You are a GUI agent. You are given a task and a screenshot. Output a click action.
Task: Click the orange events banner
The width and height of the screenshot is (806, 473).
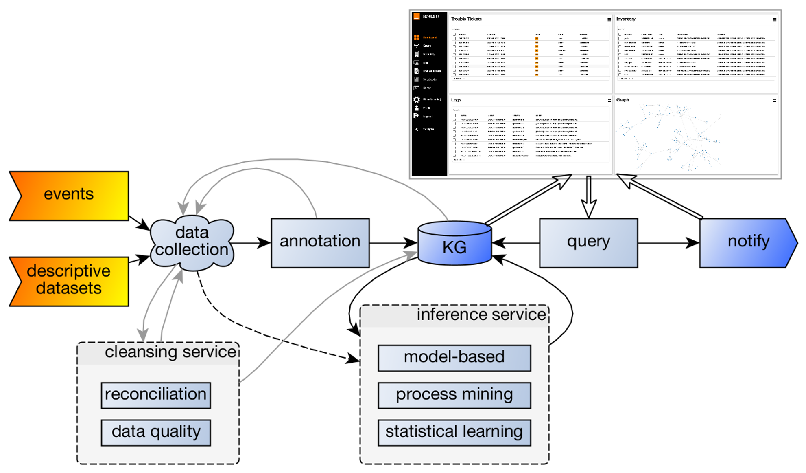click(69, 196)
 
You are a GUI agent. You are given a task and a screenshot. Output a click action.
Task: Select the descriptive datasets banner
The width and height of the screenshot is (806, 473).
click(69, 281)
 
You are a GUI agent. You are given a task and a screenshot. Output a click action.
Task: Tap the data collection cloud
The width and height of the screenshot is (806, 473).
click(192, 243)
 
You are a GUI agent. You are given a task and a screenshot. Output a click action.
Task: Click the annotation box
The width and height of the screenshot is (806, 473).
click(320, 243)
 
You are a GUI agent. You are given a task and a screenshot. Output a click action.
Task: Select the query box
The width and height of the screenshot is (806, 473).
click(588, 243)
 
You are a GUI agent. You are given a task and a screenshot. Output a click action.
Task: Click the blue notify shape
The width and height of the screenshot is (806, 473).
click(747, 243)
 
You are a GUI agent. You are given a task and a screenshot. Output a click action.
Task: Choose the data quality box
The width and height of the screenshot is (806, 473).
click(156, 432)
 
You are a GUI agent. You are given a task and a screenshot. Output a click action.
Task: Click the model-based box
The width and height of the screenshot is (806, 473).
click(454, 358)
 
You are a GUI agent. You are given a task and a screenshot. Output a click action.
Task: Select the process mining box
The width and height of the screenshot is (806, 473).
click(454, 395)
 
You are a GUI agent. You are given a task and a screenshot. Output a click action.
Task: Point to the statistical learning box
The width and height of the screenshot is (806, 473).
click(454, 432)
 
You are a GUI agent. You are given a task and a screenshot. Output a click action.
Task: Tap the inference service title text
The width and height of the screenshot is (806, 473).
click(481, 315)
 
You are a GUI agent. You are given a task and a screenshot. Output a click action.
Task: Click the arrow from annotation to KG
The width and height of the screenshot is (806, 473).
click(393, 243)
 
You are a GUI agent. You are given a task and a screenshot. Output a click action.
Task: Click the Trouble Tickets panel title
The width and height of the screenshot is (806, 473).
click(466, 19)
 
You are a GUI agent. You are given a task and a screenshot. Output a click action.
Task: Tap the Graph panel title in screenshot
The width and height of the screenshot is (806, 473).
click(623, 100)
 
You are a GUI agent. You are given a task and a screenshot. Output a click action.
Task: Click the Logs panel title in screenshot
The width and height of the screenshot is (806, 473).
click(456, 100)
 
